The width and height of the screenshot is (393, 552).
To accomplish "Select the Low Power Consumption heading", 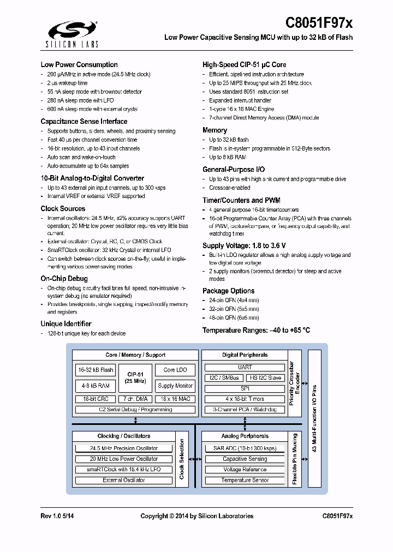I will [x=79, y=65].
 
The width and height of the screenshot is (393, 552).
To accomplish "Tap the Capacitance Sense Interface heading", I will [x=84, y=122].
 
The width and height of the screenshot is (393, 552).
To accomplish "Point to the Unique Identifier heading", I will [x=66, y=324].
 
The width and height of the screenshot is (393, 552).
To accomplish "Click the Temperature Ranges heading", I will [x=256, y=331].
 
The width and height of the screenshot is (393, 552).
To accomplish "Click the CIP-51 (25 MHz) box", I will [x=135, y=377].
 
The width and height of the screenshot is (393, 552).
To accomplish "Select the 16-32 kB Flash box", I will [x=96, y=370].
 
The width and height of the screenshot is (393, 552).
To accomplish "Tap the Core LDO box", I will [x=175, y=370].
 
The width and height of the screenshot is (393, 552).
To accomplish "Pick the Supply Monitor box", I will [x=175, y=386].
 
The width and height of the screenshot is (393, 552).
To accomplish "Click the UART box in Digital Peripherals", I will [x=245, y=368].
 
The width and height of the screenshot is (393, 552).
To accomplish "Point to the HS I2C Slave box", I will [x=266, y=378].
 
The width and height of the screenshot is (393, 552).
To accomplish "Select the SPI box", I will [x=245, y=388].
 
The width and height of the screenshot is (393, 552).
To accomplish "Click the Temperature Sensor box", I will [x=245, y=480].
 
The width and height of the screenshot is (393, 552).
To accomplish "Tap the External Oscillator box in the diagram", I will [x=124, y=480].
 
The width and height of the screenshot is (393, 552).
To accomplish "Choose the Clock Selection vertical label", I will [x=182, y=459].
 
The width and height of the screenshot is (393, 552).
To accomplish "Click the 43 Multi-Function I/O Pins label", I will [x=314, y=418].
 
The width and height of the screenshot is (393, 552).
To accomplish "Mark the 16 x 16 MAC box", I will [x=175, y=399].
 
